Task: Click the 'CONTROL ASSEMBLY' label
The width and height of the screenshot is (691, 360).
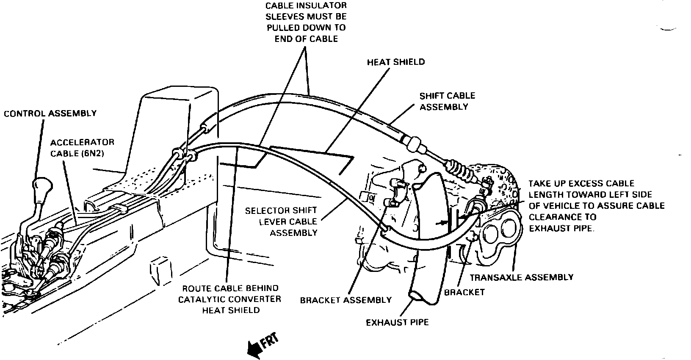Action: [x=50, y=114]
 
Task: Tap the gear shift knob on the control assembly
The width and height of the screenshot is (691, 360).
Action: [x=41, y=186]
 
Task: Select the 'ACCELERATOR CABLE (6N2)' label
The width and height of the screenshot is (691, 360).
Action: [x=82, y=147]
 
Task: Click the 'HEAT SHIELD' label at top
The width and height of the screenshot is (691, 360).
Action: [x=395, y=62]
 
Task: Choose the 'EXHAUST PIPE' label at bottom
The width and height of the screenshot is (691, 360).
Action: [x=397, y=322]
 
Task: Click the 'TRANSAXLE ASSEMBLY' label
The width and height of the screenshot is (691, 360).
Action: [x=521, y=277]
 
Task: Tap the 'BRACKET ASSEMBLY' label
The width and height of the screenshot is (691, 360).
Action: [x=345, y=300]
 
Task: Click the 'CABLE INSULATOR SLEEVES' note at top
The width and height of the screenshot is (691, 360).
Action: [x=306, y=22]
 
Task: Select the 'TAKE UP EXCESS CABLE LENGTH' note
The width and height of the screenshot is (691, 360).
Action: [x=596, y=205]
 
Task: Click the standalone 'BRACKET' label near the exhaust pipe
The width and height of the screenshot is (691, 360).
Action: [x=464, y=292]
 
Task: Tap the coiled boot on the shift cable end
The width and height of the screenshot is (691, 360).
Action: [x=459, y=169]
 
